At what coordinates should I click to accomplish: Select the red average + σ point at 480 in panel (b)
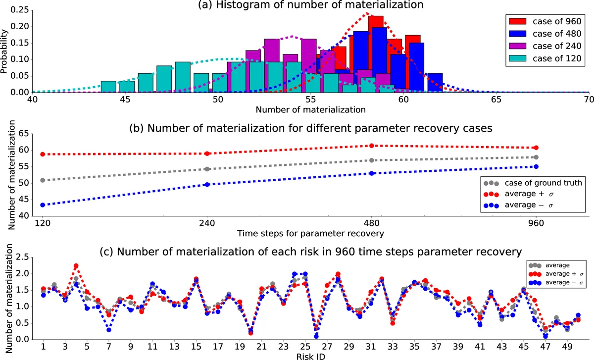coord(372,146)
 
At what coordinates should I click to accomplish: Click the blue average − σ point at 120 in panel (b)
coord(43,205)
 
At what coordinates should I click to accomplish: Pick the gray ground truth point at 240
coord(207,169)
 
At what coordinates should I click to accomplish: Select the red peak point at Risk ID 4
coord(76,266)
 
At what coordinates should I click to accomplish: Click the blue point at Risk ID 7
coord(108,330)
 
